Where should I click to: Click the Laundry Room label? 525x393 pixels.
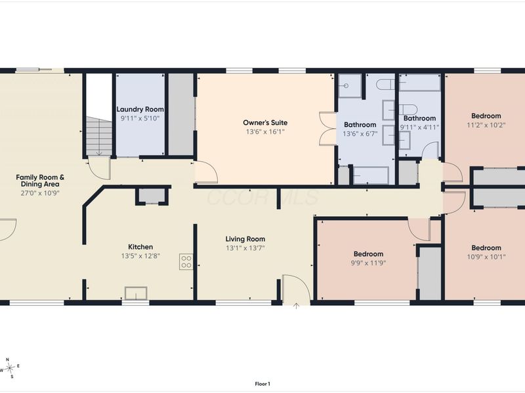(x=140, y=109)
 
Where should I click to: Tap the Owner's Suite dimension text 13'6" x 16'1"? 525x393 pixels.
(x=265, y=132)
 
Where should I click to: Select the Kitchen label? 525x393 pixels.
(x=140, y=247)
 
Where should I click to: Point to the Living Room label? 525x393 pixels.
(x=245, y=239)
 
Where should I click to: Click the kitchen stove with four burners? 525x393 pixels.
(x=186, y=261)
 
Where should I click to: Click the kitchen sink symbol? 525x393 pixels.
(x=136, y=293)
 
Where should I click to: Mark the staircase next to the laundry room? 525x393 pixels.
(x=99, y=136)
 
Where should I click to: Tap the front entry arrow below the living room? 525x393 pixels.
(x=297, y=306)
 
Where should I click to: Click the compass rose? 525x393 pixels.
(x=10, y=368)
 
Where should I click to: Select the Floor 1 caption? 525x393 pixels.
(x=262, y=384)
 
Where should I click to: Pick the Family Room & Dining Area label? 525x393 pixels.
(x=40, y=181)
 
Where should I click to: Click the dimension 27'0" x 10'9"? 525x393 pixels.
(x=40, y=193)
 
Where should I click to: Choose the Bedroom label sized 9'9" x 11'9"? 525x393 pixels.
(x=368, y=254)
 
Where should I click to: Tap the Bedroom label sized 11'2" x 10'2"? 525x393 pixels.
(x=486, y=116)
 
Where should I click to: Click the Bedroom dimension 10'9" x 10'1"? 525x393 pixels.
(x=486, y=257)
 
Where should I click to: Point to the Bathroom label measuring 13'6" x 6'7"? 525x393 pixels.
(x=360, y=124)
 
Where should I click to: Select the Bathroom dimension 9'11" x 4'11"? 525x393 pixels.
(x=419, y=127)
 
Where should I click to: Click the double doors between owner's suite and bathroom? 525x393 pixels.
(x=327, y=128)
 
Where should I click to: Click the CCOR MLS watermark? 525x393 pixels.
(x=263, y=197)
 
